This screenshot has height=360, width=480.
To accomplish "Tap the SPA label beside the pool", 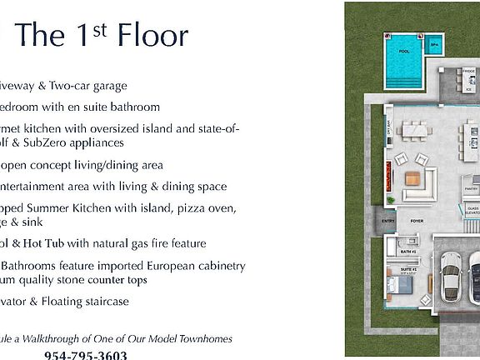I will [x=434, y=47].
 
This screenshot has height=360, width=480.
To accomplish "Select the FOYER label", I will [x=416, y=222].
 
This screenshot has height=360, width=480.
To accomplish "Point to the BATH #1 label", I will [x=407, y=251].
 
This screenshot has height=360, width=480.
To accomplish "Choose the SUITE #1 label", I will [x=408, y=271].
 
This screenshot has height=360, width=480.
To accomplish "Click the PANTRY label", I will [x=471, y=189].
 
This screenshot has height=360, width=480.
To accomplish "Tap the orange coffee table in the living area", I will [x=412, y=177].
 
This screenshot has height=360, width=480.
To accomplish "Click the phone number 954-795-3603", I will [x=85, y=355].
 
